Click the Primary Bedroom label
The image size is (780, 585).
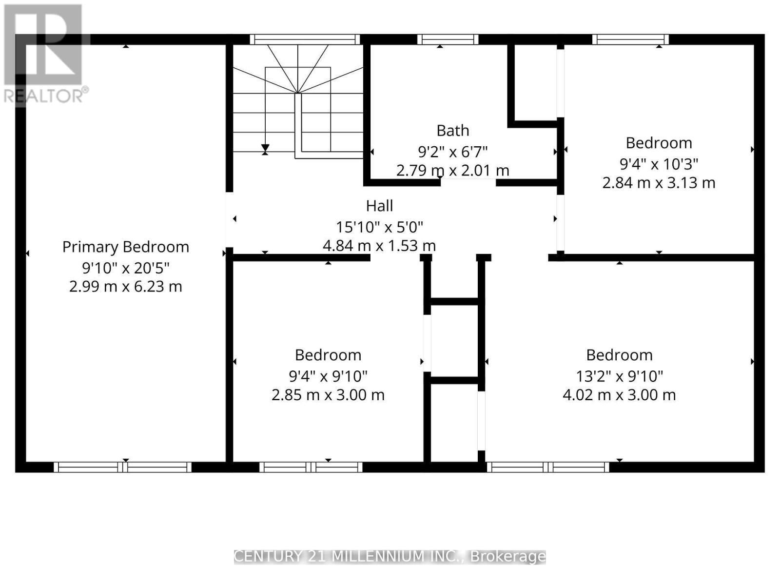(x=125, y=247)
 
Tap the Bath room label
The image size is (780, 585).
(x=453, y=131)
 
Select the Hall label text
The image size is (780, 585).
(x=379, y=206)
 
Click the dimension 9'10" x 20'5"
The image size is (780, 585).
(x=125, y=268)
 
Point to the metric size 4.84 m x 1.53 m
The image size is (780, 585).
(x=379, y=245)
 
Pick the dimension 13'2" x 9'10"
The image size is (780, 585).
(x=619, y=376)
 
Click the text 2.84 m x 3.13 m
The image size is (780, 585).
(x=659, y=183)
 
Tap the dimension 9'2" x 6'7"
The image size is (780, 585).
(x=453, y=152)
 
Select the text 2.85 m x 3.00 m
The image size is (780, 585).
(x=328, y=394)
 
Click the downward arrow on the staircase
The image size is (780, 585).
(x=265, y=147)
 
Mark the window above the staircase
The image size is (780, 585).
(x=305, y=39)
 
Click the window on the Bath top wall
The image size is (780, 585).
(x=448, y=39)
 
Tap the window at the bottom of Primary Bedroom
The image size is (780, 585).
(x=122, y=467)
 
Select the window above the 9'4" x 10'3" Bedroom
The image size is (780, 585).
(x=630, y=39)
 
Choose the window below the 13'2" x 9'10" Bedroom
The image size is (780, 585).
(x=548, y=467)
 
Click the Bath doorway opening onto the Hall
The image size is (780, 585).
(x=468, y=182)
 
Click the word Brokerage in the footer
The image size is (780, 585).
(x=507, y=556)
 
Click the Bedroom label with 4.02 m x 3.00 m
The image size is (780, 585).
(x=619, y=355)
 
